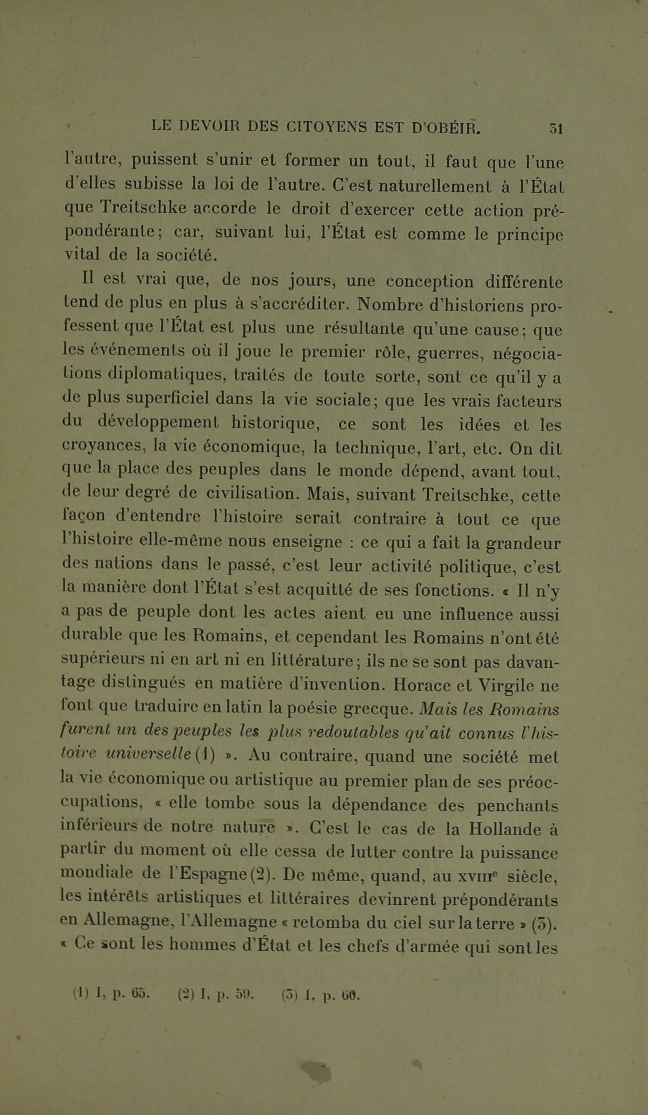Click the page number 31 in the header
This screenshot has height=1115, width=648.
tap(556, 128)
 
